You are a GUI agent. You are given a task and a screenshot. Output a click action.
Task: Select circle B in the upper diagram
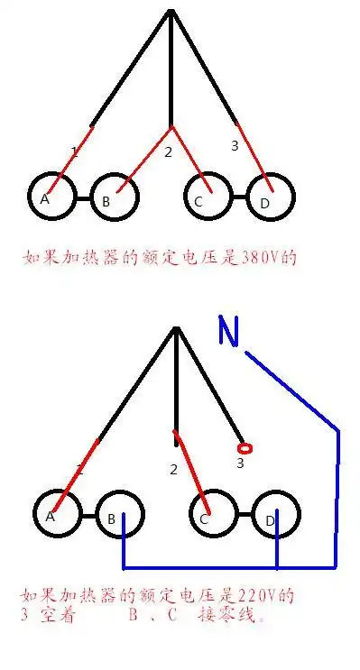click(x=115, y=198)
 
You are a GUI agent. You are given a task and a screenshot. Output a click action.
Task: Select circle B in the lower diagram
click(x=119, y=518)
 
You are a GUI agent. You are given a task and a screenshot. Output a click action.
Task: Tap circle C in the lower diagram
click(x=212, y=518)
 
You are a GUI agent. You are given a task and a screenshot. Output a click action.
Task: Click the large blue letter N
click(x=229, y=333)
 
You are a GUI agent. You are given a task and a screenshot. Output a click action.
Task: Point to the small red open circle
click(x=241, y=447)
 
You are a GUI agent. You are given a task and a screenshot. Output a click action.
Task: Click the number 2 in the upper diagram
click(x=168, y=151)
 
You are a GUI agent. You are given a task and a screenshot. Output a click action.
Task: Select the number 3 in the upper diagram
click(x=234, y=145)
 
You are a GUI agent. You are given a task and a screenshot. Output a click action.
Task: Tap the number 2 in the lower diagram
click(x=173, y=470)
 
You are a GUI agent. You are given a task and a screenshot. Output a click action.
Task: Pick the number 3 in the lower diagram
click(x=240, y=463)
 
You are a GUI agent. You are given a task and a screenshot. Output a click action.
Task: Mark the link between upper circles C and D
click(x=238, y=197)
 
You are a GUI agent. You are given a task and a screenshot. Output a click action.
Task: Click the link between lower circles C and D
click(x=244, y=518)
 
